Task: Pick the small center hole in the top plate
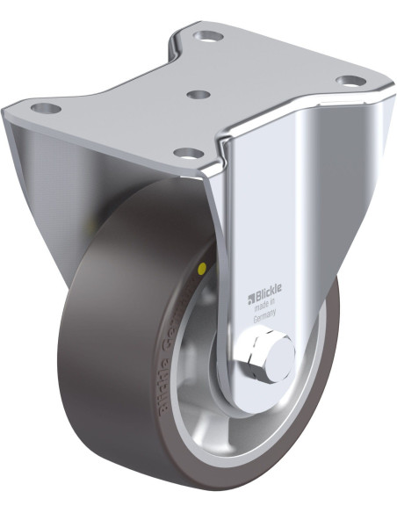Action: tap(199, 93)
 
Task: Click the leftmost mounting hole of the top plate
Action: tap(47, 109)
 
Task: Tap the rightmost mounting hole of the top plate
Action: tap(350, 81)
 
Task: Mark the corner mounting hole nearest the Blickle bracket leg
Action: tap(188, 153)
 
